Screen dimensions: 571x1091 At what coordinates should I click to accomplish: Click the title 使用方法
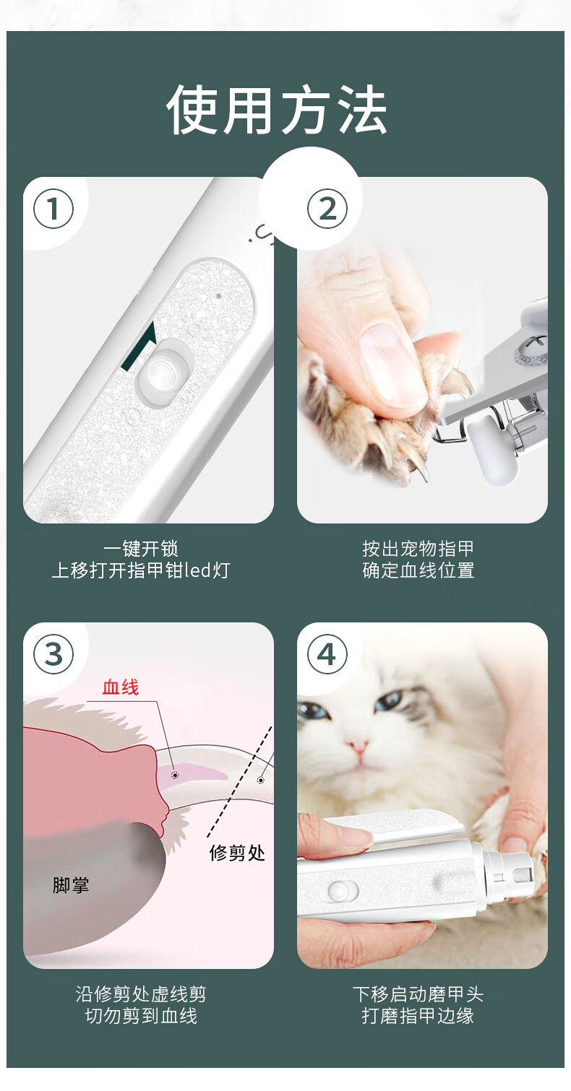tap(277, 110)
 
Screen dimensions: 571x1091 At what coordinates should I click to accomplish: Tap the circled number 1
tap(53, 209)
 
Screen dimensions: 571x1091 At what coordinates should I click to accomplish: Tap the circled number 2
tap(327, 209)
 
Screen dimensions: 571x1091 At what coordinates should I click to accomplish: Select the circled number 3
tap(53, 654)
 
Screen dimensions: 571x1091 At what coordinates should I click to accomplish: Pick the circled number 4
tap(327, 654)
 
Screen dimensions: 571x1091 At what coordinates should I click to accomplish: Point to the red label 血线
tap(121, 687)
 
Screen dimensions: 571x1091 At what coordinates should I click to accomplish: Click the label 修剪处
tap(238, 853)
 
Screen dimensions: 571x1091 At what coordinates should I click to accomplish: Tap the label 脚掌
tap(71, 885)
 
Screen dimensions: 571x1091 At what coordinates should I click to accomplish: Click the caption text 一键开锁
tap(141, 549)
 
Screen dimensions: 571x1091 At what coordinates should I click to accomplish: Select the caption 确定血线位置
tap(418, 570)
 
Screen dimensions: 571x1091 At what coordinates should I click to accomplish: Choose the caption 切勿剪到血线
tap(141, 1015)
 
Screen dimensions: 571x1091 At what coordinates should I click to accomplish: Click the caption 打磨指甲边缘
tap(418, 1015)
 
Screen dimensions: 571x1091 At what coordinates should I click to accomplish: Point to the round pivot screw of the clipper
tap(530, 349)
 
